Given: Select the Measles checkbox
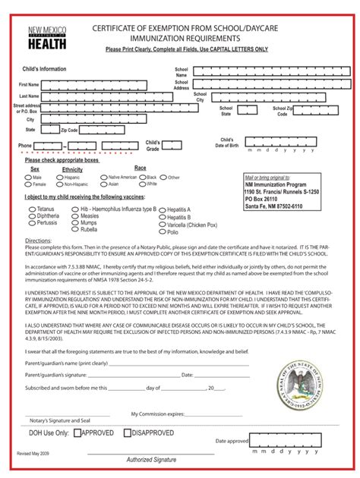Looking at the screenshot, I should pyautogui.click(x=74, y=215).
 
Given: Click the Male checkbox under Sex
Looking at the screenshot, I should pyautogui.click(x=28, y=178).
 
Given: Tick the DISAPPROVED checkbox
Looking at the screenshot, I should pyautogui.click(x=128, y=433).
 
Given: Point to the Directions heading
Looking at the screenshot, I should pyautogui.click(x=38, y=240).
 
